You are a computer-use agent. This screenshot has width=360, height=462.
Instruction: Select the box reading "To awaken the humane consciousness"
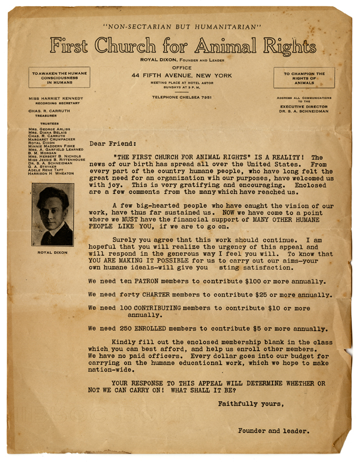(59, 78)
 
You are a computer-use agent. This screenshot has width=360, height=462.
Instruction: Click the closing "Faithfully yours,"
(250, 404)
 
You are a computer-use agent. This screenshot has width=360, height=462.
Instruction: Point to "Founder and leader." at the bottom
(273, 431)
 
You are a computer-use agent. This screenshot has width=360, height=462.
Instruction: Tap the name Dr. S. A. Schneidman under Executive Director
(303, 112)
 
